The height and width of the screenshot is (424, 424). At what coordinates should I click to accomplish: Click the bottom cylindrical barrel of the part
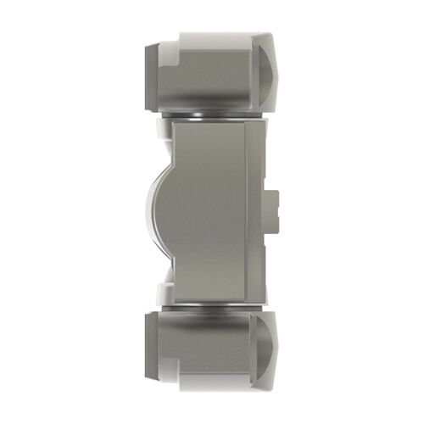pos(204,346)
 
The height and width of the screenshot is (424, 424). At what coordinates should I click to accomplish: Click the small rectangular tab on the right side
pos(274,210)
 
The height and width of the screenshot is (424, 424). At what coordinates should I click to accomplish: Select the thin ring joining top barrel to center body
pos(208,114)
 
